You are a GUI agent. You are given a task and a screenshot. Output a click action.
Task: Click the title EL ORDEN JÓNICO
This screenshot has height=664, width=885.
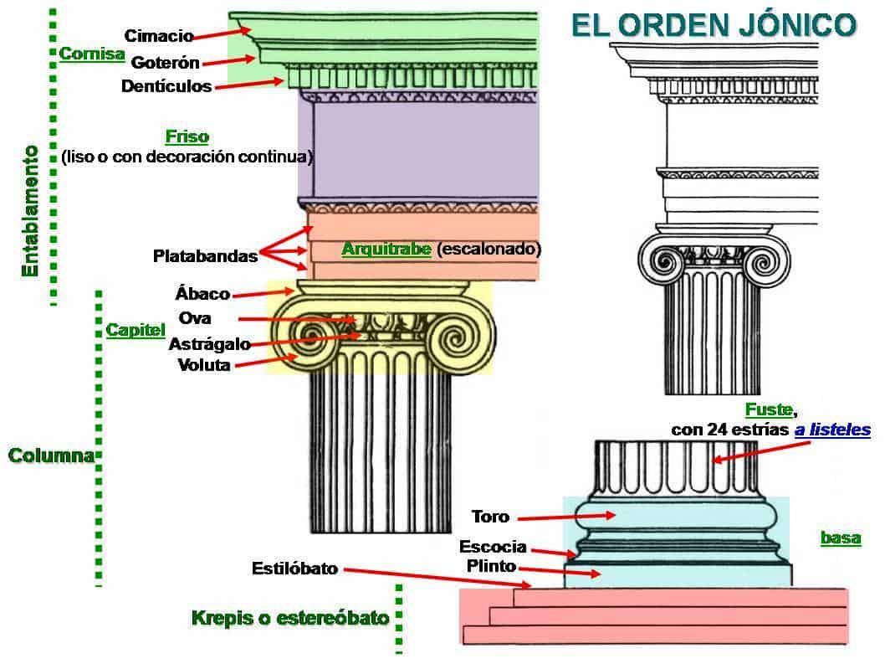(713, 24)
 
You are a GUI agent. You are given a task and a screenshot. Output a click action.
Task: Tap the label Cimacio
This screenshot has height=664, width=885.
(159, 36)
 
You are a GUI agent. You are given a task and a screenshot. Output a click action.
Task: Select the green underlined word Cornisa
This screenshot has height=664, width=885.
(92, 54)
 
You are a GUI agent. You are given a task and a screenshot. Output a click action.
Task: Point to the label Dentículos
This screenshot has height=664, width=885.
(166, 86)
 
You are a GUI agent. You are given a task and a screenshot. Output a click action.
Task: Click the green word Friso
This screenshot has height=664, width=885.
(187, 136)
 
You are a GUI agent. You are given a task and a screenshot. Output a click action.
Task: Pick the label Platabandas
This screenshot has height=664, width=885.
(205, 256)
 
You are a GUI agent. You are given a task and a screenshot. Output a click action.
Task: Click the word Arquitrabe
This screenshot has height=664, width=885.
(386, 249)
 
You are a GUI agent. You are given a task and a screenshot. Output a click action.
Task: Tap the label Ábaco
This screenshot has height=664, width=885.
(202, 294)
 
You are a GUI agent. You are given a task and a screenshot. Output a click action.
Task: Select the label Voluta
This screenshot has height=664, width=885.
(204, 365)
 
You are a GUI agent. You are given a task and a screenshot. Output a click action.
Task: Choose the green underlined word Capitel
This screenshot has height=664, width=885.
(136, 330)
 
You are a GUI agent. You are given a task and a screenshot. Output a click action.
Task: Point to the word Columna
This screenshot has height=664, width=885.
(50, 456)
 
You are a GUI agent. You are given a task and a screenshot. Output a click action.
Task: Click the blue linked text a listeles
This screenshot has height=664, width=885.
(831, 430)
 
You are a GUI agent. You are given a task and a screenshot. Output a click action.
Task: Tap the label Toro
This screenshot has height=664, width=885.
(490, 516)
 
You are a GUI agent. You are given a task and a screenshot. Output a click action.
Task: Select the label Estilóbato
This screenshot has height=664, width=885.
(294, 569)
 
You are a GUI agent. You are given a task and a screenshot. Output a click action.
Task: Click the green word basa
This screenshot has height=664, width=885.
(840, 538)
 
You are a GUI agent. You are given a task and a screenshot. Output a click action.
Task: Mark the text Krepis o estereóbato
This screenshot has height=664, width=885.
(290, 619)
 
